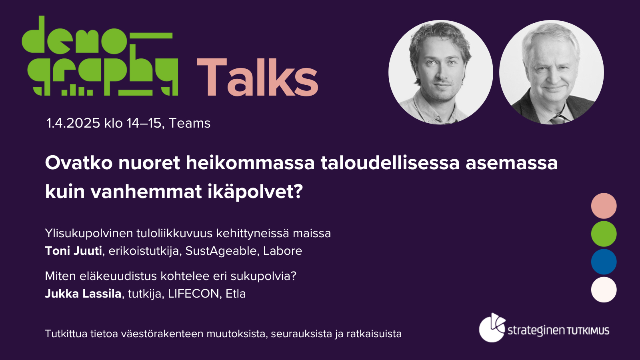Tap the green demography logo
pos(100,56)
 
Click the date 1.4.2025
pos(73,124)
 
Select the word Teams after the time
pos(190,124)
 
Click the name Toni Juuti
pos(74,251)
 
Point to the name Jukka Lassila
pos(83,294)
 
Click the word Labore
pos(282,251)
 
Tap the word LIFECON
pos(194,294)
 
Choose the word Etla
pos(236,294)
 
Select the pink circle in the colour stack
pos(604,206)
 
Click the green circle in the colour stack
pos(604,234)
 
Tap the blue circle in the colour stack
pos(604,262)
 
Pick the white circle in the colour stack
pos(604,290)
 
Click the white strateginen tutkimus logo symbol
pos(492,328)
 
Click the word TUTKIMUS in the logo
pos(588,331)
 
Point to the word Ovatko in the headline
pos(78,163)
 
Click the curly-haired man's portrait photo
pos(440,72)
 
